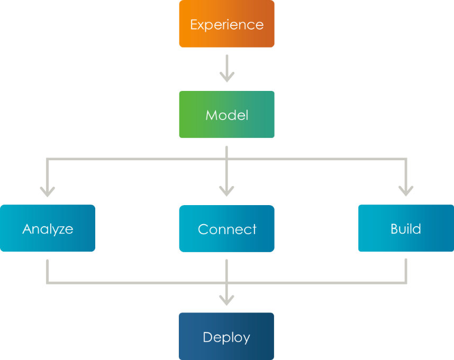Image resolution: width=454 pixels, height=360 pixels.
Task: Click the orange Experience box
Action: point(226,24)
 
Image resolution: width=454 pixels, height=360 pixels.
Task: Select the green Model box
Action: point(226,115)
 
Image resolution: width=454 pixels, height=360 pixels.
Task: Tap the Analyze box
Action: point(48,228)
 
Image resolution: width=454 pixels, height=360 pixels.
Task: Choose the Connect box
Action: point(226,228)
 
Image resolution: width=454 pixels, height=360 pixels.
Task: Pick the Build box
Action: point(406,228)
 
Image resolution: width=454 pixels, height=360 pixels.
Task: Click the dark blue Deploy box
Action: point(226,336)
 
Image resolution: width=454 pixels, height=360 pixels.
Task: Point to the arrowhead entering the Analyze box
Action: point(48,191)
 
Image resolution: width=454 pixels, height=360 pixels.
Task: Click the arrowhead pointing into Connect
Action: point(226,191)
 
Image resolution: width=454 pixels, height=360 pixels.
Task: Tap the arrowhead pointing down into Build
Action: point(406,191)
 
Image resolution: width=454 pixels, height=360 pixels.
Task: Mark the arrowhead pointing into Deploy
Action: point(226,300)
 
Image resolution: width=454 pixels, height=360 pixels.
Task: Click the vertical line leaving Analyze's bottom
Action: point(48,270)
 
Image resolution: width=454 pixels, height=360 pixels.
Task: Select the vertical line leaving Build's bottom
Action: point(406,270)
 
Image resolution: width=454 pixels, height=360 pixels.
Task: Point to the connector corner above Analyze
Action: point(48,159)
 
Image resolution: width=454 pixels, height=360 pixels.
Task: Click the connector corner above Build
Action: point(406,159)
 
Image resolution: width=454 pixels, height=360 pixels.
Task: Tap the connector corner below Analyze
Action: point(48,282)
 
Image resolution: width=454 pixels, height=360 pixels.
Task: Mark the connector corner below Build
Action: point(406,282)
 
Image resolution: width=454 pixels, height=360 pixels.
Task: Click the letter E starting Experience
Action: point(194,24)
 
